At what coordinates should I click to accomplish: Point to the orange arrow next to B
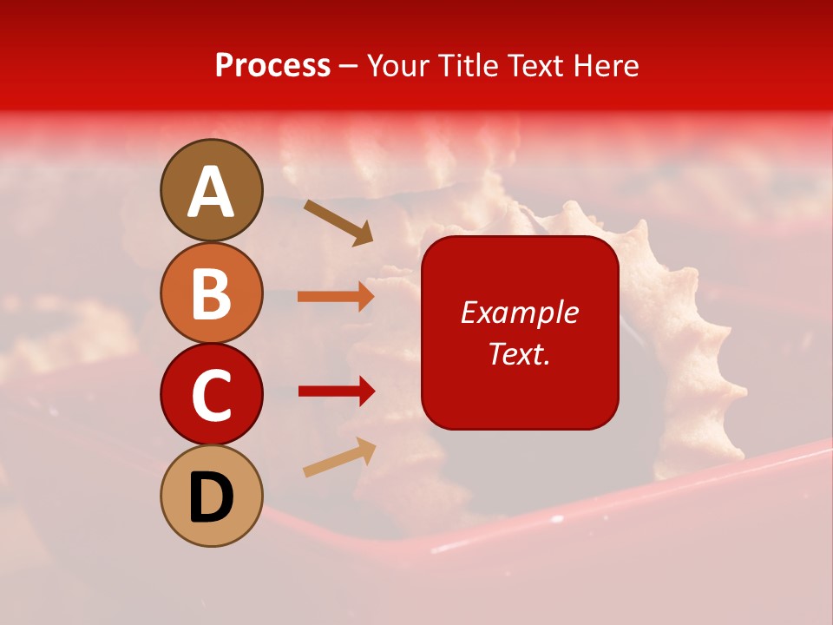336,297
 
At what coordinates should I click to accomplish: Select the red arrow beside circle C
336,391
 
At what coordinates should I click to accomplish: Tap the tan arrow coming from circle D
339,457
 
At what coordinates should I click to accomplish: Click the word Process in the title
272,66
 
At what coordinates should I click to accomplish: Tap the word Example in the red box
519,312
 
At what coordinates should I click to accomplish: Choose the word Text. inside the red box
519,353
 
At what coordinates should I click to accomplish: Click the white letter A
212,192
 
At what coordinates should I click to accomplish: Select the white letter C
212,396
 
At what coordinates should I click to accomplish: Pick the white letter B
212,294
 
